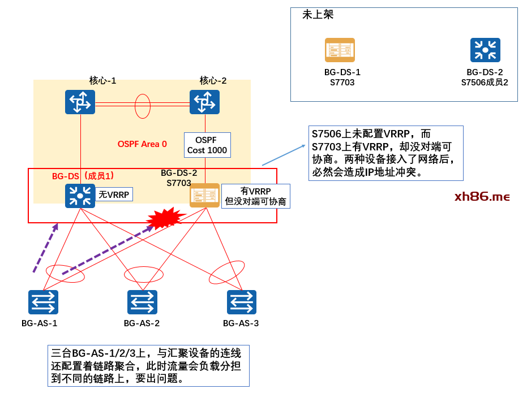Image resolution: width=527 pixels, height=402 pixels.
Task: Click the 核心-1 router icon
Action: coord(80,102)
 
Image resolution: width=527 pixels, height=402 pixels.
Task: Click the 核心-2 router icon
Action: coord(204,102)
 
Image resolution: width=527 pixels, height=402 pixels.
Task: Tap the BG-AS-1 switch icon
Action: coord(43,302)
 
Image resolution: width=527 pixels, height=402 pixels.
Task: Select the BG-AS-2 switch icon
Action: coord(142,302)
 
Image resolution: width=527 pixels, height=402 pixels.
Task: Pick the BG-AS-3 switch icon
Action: coord(242,302)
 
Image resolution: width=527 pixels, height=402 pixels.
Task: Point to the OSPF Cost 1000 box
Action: coord(208,145)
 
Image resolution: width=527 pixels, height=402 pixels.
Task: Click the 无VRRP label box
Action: coord(114,195)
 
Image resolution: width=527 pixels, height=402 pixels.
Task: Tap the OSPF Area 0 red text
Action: coord(142,144)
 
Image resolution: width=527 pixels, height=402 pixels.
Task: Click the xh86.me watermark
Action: coord(482,197)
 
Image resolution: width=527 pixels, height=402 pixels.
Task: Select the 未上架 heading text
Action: coord(318,15)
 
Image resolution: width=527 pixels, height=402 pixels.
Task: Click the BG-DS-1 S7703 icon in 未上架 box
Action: coord(340,50)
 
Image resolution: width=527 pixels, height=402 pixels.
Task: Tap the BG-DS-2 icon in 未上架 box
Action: coord(485,50)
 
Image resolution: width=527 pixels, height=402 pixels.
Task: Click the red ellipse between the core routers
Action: coord(143,106)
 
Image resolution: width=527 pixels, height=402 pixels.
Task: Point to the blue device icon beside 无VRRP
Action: coord(80,196)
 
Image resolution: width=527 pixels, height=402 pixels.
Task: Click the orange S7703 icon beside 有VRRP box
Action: coord(204,195)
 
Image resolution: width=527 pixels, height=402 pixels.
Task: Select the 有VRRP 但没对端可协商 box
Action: coord(255,196)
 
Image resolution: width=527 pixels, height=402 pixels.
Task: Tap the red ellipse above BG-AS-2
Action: coord(144,274)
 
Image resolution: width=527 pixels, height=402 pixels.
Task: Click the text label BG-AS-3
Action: coord(241,323)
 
